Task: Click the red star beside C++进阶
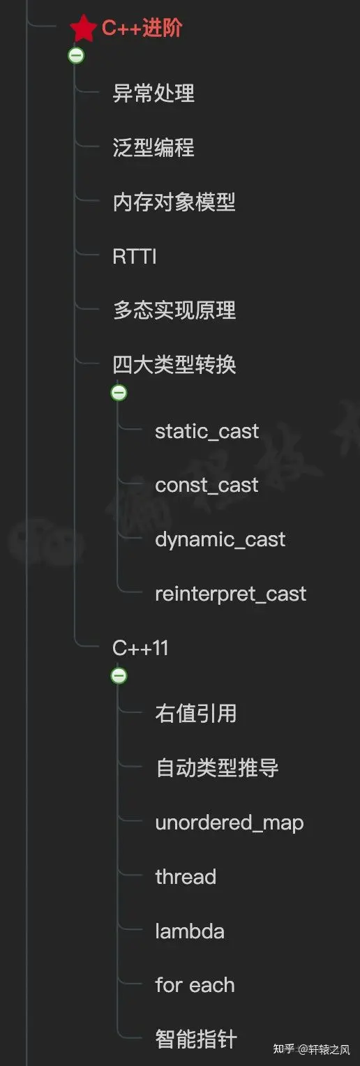click(x=84, y=29)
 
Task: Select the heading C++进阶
click(x=142, y=29)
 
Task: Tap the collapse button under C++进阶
click(x=77, y=56)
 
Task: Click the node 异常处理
click(x=153, y=93)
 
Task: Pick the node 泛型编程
click(x=153, y=148)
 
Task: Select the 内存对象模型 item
click(x=174, y=202)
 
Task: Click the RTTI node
click(x=135, y=257)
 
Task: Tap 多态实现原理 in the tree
click(x=174, y=310)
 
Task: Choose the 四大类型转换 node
click(x=174, y=364)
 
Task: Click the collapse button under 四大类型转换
click(x=119, y=393)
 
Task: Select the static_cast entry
click(x=207, y=431)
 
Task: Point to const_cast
click(x=207, y=486)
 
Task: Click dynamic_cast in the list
click(x=220, y=539)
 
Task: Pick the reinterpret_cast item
click(x=230, y=594)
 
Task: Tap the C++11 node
click(x=140, y=648)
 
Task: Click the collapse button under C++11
click(x=119, y=676)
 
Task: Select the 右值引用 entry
click(x=195, y=714)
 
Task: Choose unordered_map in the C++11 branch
click(x=229, y=823)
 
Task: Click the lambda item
click(x=189, y=931)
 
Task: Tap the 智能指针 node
click(x=195, y=1039)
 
